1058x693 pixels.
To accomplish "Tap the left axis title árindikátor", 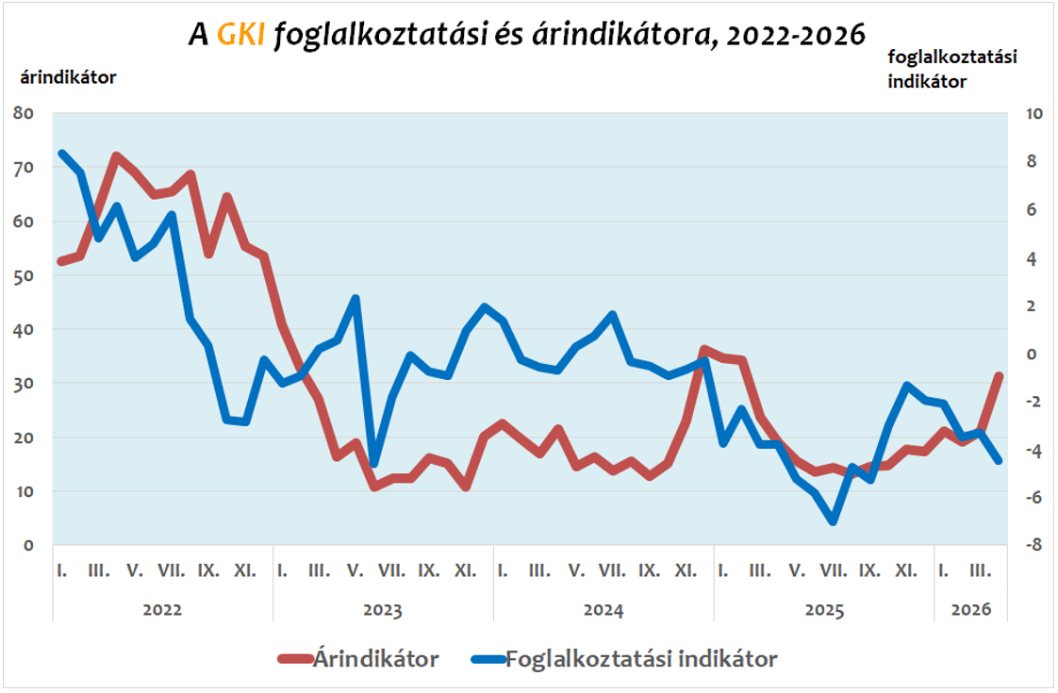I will click(68, 77).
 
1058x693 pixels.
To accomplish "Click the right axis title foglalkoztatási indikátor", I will click(952, 69).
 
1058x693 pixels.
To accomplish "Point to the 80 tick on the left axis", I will click(24, 113).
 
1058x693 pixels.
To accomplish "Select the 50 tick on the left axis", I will click(24, 275).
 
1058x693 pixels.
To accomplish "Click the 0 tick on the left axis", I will click(28, 545).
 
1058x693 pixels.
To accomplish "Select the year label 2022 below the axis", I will click(162, 609).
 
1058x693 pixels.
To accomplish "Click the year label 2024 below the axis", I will click(603, 609).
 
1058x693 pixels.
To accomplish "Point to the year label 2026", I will click(971, 609).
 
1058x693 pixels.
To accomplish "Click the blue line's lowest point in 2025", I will click(833, 520).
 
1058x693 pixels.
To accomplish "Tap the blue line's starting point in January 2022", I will click(62, 153).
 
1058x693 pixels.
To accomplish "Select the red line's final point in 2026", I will click(999, 375).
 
